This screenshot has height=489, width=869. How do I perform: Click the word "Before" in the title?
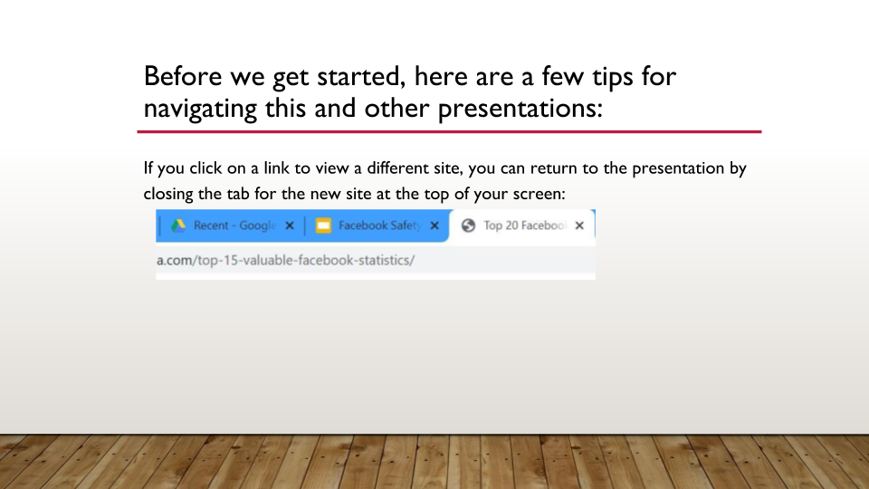tap(183, 76)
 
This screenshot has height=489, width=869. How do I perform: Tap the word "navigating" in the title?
tap(200, 109)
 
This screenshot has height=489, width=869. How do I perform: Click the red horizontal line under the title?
tap(450, 132)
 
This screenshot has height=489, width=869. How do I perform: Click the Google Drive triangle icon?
tap(178, 225)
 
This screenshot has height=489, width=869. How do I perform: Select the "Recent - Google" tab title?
tap(235, 225)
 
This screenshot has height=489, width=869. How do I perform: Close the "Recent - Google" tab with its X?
tap(290, 225)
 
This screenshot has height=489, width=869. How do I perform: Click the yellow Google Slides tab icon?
tap(323, 225)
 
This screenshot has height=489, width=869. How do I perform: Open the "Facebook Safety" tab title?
tap(380, 225)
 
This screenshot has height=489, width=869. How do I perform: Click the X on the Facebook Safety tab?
tap(434, 225)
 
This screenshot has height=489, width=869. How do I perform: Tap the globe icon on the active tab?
tap(468, 225)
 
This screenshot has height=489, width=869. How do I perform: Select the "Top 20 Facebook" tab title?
tap(525, 225)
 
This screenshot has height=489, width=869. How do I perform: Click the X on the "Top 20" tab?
tap(579, 225)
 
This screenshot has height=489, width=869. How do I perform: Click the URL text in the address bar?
tap(285, 260)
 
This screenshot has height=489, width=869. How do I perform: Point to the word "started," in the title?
tap(361, 77)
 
